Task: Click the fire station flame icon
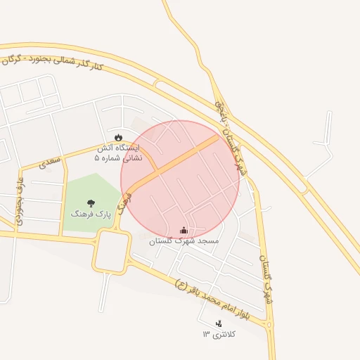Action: click(x=117, y=137)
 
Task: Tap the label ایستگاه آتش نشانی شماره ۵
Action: click(x=117, y=153)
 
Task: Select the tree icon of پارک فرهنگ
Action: click(x=91, y=203)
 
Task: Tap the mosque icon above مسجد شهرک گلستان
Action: click(x=184, y=230)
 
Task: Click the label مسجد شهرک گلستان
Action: click(x=184, y=240)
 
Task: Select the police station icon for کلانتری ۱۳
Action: click(x=219, y=323)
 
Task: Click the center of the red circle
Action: click(x=180, y=179)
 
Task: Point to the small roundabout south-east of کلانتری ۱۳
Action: click(x=269, y=325)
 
